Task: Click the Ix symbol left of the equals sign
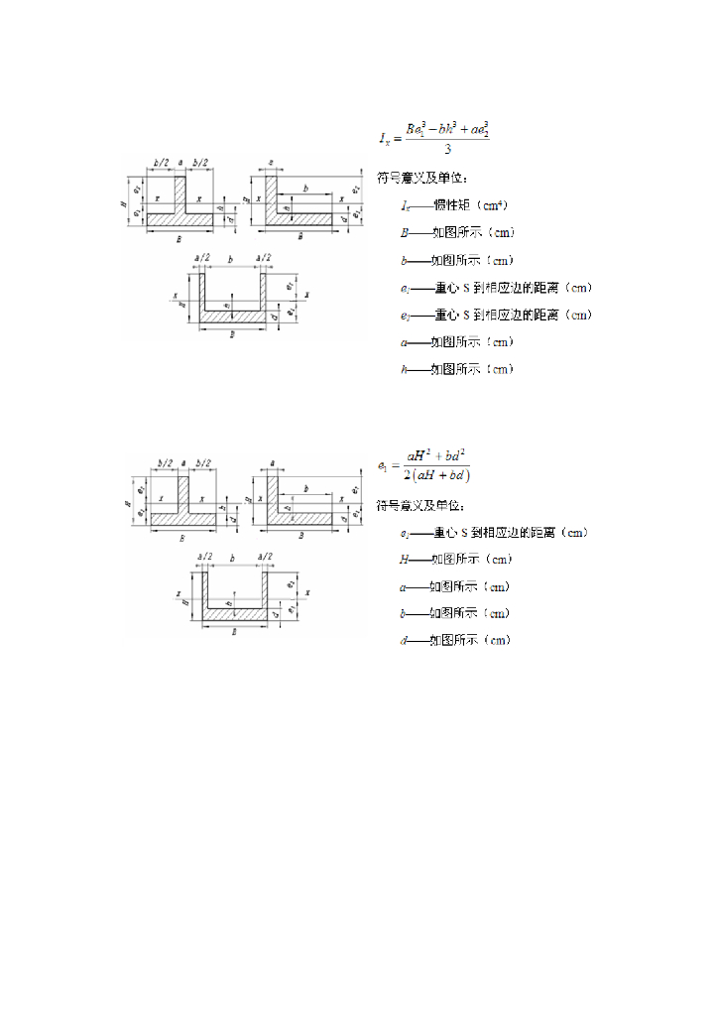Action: pyautogui.click(x=384, y=138)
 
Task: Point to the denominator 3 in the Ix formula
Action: pyautogui.click(x=448, y=150)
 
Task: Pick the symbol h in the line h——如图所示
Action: pyautogui.click(x=404, y=369)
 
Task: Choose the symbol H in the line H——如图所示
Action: pyautogui.click(x=405, y=560)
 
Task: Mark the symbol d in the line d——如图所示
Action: pyautogui.click(x=404, y=641)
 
